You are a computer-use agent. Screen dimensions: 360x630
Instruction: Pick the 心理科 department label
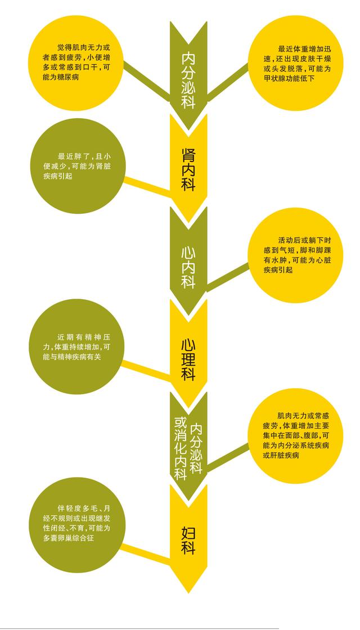coord(188,360)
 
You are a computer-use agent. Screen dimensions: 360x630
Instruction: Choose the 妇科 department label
coord(188,540)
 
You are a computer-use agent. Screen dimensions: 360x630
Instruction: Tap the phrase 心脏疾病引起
coord(286,270)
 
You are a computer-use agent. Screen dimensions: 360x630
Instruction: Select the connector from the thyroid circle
coord(227,79)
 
